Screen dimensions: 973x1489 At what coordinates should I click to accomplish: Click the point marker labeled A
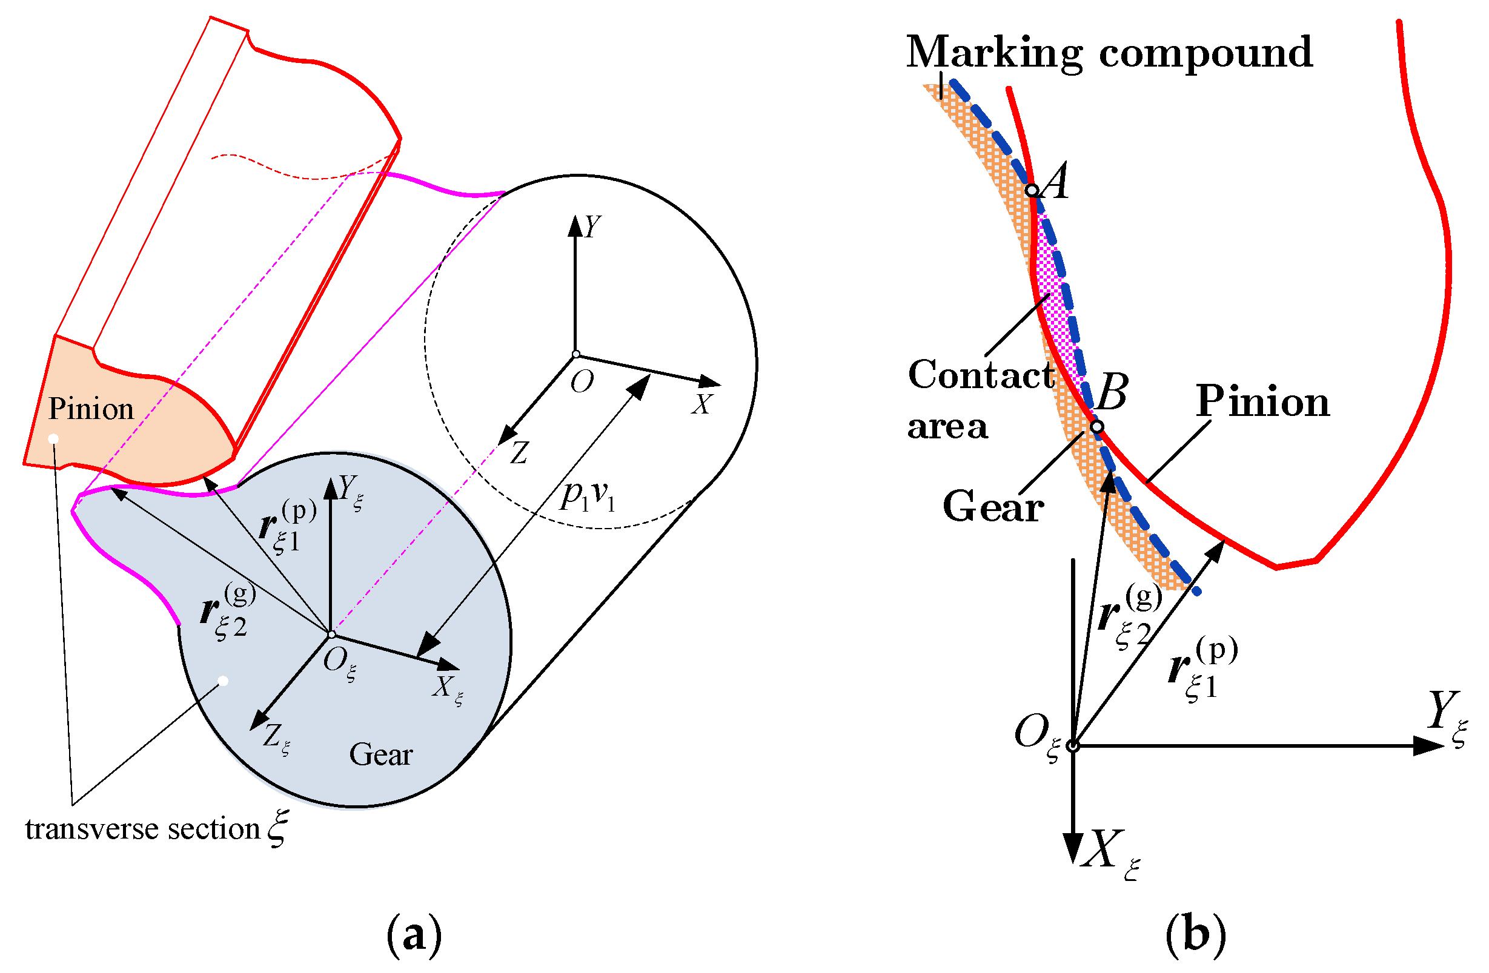click(1032, 190)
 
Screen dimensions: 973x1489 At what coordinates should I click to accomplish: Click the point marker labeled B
click(1096, 426)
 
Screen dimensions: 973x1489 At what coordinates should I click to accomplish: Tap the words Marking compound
click(1109, 53)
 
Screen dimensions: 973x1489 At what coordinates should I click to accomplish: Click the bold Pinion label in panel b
click(1262, 401)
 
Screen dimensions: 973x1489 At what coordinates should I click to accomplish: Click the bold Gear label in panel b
click(993, 507)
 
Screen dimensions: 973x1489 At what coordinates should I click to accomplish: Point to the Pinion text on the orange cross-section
click(91, 409)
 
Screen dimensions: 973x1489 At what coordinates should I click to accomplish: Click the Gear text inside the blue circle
click(380, 755)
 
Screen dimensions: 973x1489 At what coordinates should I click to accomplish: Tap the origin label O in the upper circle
click(581, 381)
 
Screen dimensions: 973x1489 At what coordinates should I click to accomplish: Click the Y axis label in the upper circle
click(592, 226)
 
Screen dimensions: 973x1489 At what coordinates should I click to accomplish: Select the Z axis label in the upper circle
click(519, 453)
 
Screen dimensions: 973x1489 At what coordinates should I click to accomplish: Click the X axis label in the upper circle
click(702, 404)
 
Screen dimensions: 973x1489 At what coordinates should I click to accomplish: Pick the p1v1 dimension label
click(588, 496)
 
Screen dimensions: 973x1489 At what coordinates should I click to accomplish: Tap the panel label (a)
click(414, 935)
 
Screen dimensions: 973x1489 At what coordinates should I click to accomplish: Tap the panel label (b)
click(1196, 935)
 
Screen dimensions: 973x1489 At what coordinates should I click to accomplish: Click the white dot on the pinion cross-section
click(54, 439)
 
